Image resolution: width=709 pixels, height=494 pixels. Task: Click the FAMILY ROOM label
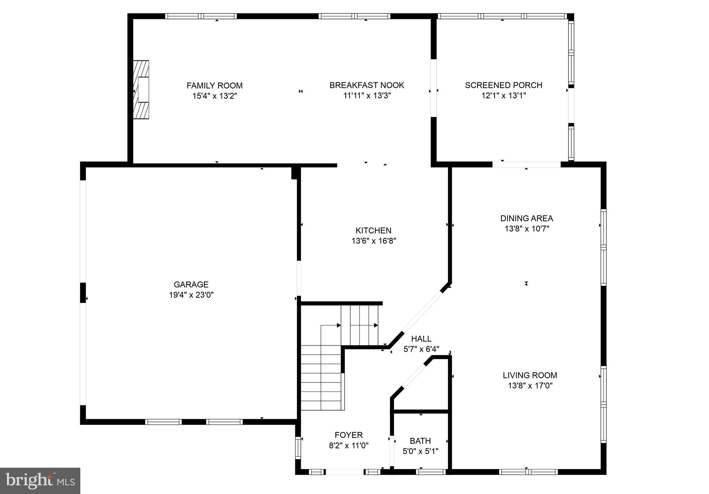[x=215, y=86]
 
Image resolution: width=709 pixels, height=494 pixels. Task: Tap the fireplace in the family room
[x=141, y=90]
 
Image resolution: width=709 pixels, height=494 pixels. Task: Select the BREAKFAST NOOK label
[x=367, y=85]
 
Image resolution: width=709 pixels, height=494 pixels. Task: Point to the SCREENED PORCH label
[x=503, y=85]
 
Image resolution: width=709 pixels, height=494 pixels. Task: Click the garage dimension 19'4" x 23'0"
[x=191, y=295]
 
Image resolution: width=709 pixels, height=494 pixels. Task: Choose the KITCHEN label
[x=373, y=231]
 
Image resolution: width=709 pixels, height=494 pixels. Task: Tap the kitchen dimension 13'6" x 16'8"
[x=374, y=241]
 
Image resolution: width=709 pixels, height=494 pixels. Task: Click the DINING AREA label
[x=527, y=218]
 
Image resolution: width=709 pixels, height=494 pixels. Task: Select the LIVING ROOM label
[x=530, y=375]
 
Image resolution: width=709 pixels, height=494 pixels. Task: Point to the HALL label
[x=421, y=339]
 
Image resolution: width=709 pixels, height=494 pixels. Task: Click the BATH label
[x=420, y=441]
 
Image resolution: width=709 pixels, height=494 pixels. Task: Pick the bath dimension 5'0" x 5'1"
[x=420, y=451]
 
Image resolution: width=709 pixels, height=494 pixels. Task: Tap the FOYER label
[x=348, y=435]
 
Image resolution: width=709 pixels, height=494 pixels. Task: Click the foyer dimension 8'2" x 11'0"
[x=348, y=446]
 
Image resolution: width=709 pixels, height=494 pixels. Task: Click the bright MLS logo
[x=40, y=480]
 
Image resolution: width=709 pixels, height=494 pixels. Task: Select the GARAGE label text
[x=191, y=285]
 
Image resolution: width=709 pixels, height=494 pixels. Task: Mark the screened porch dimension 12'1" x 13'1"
[x=503, y=96]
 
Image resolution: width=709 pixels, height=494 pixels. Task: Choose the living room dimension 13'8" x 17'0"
[x=530, y=386]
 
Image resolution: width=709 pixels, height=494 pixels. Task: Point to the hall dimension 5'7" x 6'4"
[x=421, y=349]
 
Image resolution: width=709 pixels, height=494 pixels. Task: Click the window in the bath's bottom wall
[x=430, y=471]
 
